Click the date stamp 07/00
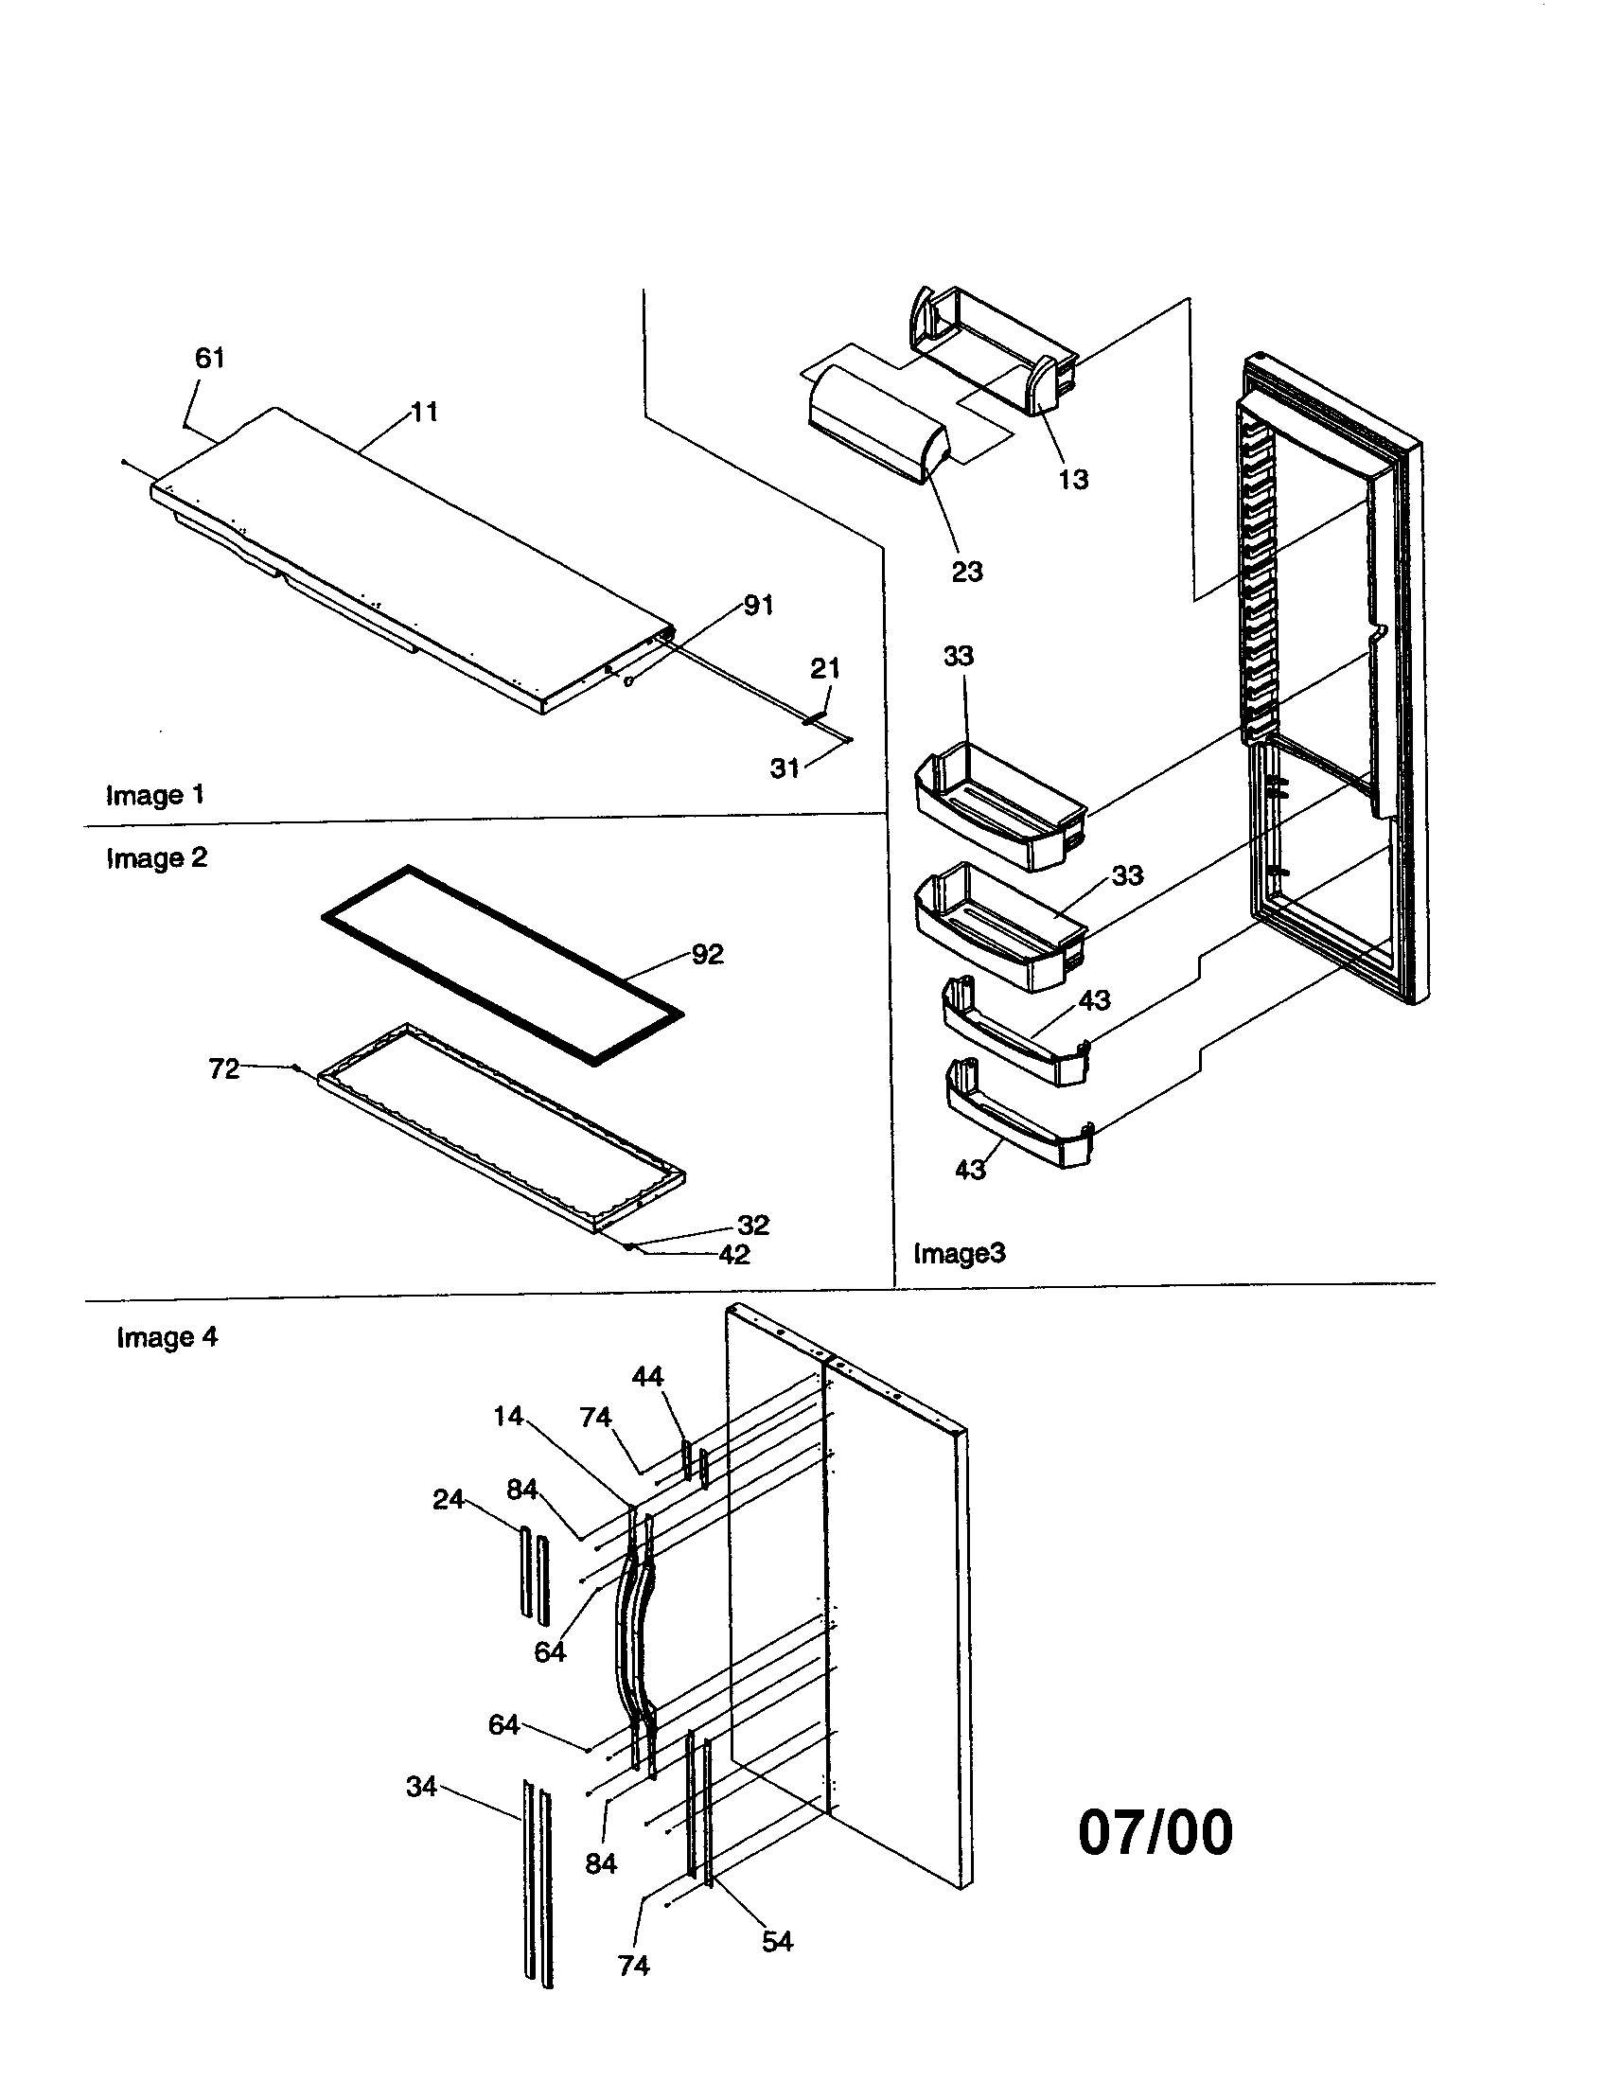1155,1832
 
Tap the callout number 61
210,359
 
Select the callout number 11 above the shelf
424,412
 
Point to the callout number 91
758,606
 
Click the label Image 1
154,795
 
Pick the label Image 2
156,858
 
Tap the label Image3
959,1253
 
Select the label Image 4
167,1337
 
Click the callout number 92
707,954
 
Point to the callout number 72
224,1069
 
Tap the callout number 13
1073,480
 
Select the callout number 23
967,572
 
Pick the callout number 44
647,1377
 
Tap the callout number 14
508,1417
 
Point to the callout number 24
448,1500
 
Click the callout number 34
421,1787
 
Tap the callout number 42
733,1255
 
